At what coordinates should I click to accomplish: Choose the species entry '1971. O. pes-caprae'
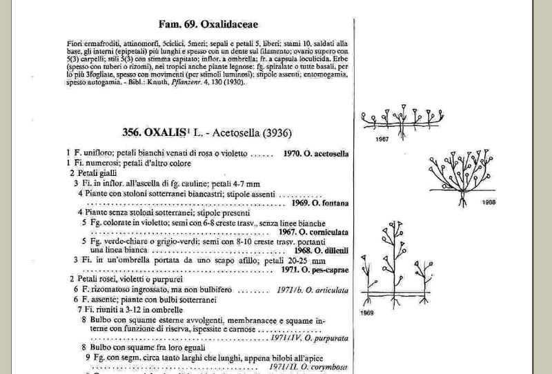pyautogui.click(x=314, y=269)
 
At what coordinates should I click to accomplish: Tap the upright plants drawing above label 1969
pyautogui.click(x=396, y=269)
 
